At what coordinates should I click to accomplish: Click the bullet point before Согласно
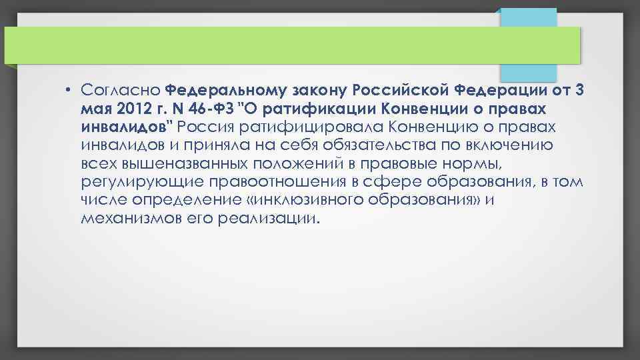[69, 89]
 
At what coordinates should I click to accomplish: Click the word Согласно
[120, 89]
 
